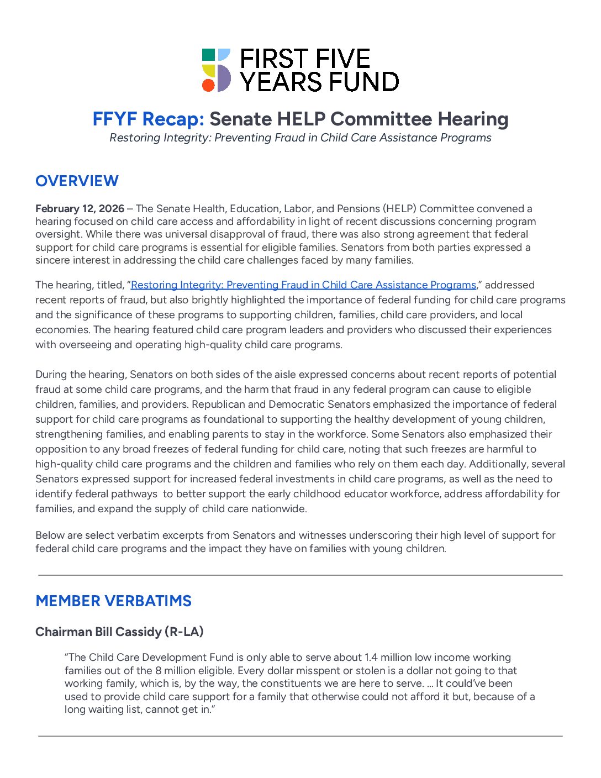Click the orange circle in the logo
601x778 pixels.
click(208, 85)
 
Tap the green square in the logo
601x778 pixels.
click(208, 55)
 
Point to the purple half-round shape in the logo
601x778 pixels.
click(224, 78)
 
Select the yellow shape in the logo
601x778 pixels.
click(208, 70)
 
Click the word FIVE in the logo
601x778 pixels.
click(342, 59)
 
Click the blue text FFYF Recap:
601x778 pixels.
click(149, 119)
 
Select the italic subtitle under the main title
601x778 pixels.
click(300, 138)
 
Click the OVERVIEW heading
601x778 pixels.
click(77, 181)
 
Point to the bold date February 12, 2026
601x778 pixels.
click(80, 208)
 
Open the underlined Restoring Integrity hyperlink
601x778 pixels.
click(303, 285)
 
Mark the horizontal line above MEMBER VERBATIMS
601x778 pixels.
click(300, 575)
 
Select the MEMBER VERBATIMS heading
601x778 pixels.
click(113, 601)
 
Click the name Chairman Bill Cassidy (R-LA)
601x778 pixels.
click(119, 632)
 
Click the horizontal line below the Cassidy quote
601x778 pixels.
click(300, 736)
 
